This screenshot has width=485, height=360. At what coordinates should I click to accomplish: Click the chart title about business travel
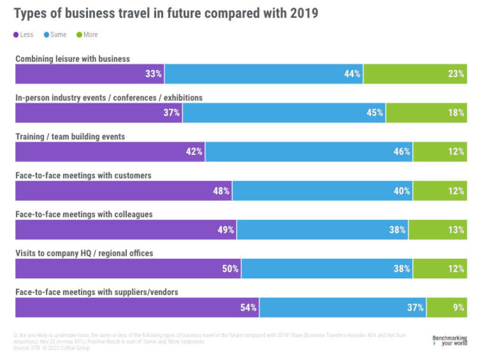click(166, 13)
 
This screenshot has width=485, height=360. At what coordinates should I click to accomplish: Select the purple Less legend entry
click(23, 35)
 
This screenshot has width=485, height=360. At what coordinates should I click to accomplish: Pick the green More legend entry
click(87, 35)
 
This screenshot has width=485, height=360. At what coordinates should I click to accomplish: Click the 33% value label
click(153, 74)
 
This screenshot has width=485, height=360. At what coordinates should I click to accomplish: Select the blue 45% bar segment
click(284, 113)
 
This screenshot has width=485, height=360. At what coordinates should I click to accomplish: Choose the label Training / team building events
click(70, 136)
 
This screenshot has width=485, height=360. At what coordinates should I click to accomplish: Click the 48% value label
click(221, 191)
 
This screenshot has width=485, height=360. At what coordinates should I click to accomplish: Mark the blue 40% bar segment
click(322, 191)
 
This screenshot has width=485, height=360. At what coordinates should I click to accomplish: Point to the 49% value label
click(225, 230)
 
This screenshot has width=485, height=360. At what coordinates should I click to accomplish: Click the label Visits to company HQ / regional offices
click(84, 253)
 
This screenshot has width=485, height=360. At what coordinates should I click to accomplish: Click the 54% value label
click(248, 307)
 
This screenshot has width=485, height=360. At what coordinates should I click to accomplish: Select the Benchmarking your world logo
click(449, 341)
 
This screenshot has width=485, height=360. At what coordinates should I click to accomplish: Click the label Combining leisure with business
click(72, 59)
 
